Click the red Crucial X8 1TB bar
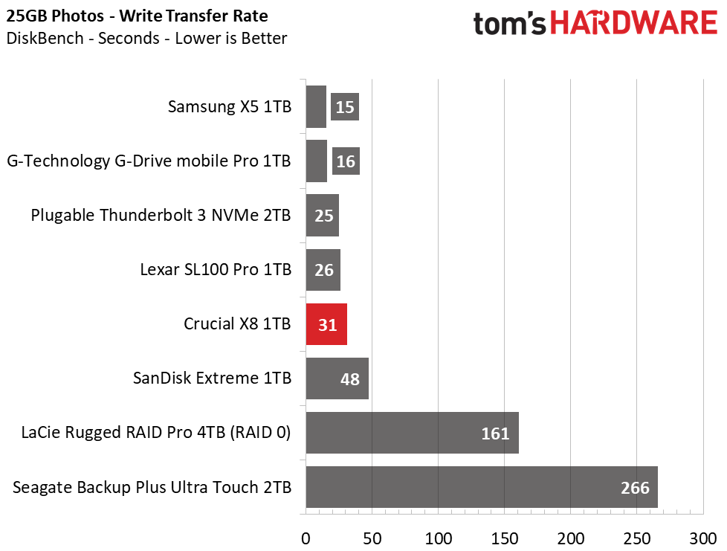[x=326, y=324]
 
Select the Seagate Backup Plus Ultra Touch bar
[x=482, y=487]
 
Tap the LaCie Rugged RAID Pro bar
[x=412, y=433]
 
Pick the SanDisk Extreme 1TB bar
[x=337, y=378]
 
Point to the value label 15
[x=345, y=107]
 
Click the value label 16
[x=346, y=161]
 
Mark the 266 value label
[x=636, y=488]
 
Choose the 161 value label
[x=495, y=434]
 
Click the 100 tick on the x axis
[x=439, y=538]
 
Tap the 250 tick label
[x=637, y=538]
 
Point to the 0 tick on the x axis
[x=306, y=538]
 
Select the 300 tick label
[x=703, y=538]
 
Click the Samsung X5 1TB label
[x=230, y=106]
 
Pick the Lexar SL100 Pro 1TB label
[x=216, y=269]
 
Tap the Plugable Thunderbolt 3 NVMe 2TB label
[x=161, y=215]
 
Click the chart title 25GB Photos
[x=55, y=16]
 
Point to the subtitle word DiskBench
[x=45, y=38]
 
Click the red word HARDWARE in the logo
[x=634, y=23]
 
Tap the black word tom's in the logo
[x=509, y=24]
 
